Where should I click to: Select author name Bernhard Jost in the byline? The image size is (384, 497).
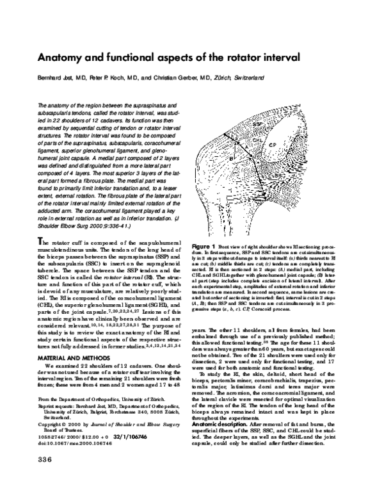point(53,77)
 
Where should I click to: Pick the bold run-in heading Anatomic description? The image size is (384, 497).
point(220,423)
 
